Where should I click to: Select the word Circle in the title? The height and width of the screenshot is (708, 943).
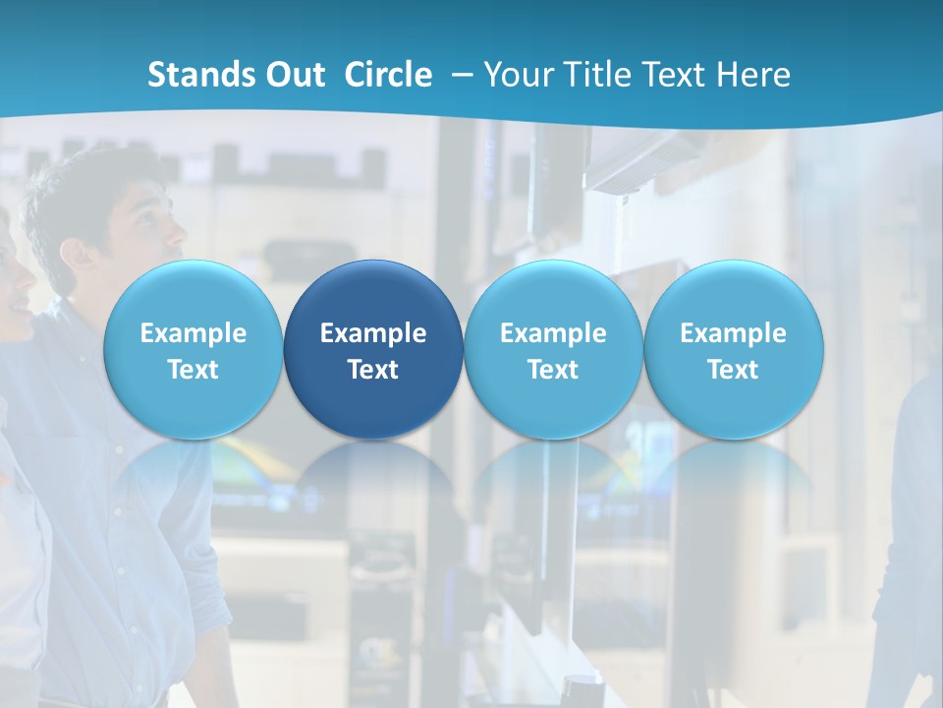click(388, 75)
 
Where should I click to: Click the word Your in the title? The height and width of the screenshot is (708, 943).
click(516, 75)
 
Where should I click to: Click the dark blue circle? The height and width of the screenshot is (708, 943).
click(373, 349)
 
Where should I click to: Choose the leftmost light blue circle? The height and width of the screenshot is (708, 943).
click(193, 349)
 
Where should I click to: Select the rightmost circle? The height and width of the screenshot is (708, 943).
click(734, 349)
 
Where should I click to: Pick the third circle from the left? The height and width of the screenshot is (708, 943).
click(553, 349)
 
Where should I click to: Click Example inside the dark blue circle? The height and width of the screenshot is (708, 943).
click(373, 333)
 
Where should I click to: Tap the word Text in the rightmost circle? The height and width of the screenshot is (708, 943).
click(734, 370)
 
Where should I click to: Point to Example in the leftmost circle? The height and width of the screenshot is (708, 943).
click(193, 333)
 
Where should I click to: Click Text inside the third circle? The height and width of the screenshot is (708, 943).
click(553, 370)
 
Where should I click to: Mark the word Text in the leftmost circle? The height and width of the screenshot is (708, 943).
click(193, 370)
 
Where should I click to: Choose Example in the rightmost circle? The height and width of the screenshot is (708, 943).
click(734, 333)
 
